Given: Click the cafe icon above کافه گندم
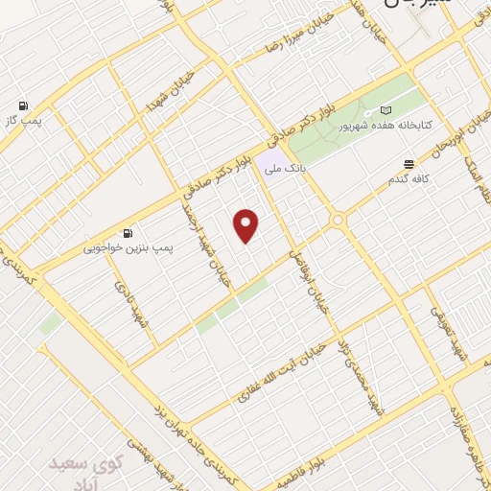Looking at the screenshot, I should (409, 164).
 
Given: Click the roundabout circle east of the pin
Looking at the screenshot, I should (339, 222).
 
